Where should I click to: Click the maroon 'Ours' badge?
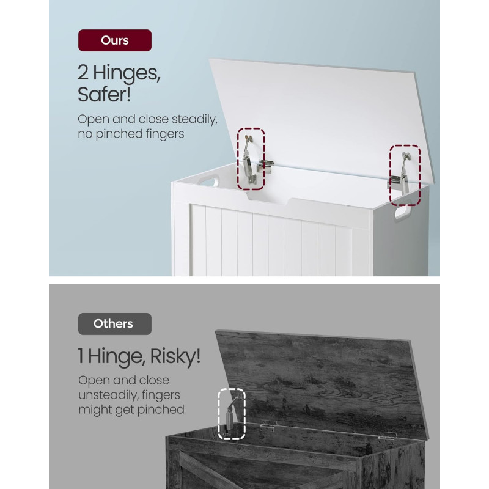(115, 40)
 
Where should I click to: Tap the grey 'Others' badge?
(115, 324)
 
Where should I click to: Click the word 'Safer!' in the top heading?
(104, 95)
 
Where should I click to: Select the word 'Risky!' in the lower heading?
(175, 356)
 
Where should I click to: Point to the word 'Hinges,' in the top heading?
(127, 73)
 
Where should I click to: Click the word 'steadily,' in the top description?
(194, 119)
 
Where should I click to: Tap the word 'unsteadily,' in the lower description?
(108, 395)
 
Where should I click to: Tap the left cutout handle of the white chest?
(208, 181)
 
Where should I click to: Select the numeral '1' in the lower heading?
(81, 356)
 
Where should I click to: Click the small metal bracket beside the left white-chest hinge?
(265, 166)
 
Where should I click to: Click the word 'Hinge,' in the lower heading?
(117, 356)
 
